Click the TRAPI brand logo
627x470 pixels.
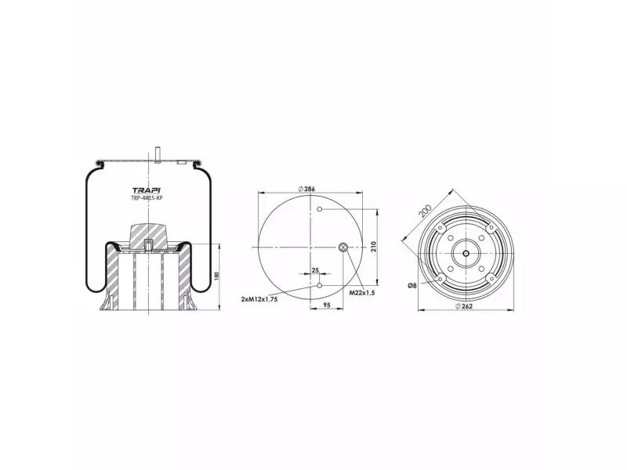[147, 191]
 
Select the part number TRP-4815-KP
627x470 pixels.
[147, 198]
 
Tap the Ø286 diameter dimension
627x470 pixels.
[306, 189]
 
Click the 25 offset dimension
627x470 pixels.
[315, 270]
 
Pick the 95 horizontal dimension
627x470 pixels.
[327, 305]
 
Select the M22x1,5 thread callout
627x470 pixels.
[362, 293]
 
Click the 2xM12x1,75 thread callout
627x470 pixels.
[259, 299]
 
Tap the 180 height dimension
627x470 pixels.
[216, 276]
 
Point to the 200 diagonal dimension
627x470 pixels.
[425, 210]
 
